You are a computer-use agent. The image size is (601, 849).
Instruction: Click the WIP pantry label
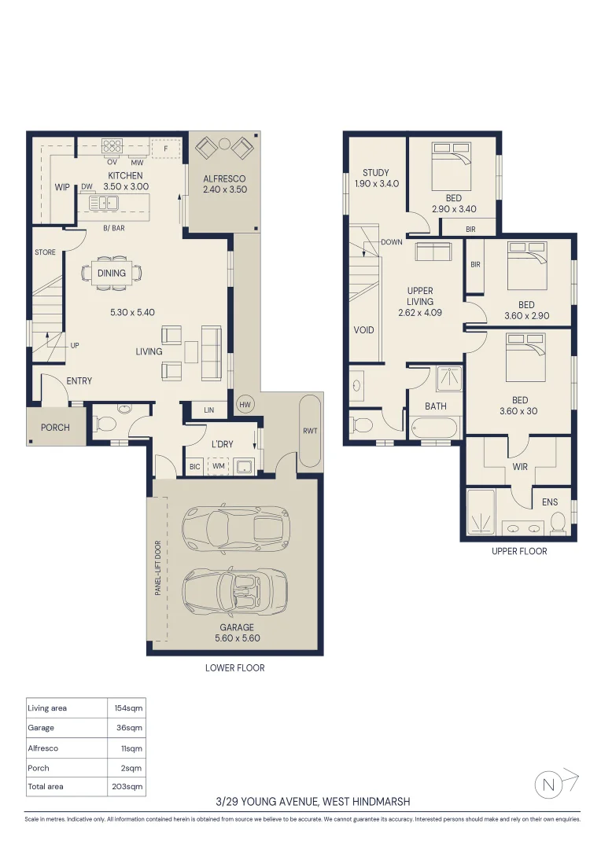pyautogui.click(x=62, y=187)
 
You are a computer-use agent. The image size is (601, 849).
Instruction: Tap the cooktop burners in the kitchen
pyautogui.click(x=112, y=145)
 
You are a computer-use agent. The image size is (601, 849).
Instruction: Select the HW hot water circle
pyautogui.click(x=245, y=404)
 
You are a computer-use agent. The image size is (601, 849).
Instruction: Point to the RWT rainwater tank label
pyautogui.click(x=310, y=431)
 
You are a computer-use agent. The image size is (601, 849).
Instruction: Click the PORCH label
pyautogui.click(x=55, y=427)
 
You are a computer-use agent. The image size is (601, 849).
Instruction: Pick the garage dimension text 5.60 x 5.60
pyautogui.click(x=238, y=638)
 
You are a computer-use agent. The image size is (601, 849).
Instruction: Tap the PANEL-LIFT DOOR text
pyautogui.click(x=158, y=568)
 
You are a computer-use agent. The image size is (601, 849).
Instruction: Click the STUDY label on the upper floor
pyautogui.click(x=375, y=173)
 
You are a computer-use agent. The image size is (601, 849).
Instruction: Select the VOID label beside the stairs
pyautogui.click(x=363, y=329)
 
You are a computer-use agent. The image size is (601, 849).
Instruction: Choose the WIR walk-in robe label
pyautogui.click(x=520, y=467)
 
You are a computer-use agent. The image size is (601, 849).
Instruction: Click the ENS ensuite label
pyautogui.click(x=550, y=502)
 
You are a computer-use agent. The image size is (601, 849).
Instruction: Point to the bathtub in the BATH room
pyautogui.click(x=437, y=427)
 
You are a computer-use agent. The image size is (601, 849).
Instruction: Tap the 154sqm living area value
pyautogui.click(x=128, y=708)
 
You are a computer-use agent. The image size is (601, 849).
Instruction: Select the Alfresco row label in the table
pyautogui.click(x=42, y=748)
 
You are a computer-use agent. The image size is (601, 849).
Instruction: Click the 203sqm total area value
pyautogui.click(x=127, y=787)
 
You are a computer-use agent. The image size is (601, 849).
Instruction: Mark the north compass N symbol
pyautogui.click(x=548, y=785)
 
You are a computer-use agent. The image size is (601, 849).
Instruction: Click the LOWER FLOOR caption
pyautogui.click(x=234, y=668)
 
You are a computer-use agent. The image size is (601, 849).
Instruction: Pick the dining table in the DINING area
pyautogui.click(x=112, y=273)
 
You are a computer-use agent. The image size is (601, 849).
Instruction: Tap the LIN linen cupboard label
pyautogui.click(x=209, y=410)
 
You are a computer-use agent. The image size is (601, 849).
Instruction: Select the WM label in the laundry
pyautogui.click(x=219, y=466)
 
